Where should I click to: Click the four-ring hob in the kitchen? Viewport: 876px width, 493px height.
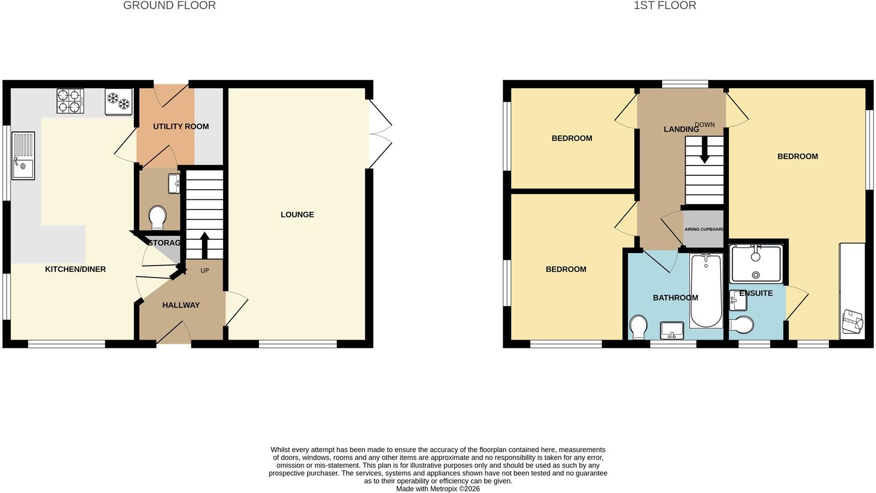[70, 101]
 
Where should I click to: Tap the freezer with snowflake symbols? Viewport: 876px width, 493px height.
[119, 102]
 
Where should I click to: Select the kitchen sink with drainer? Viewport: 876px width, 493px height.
[23, 155]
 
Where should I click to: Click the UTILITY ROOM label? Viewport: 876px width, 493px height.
[180, 126]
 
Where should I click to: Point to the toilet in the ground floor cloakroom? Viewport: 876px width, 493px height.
[157, 218]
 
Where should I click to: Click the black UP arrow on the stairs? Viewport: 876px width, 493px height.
[204, 245]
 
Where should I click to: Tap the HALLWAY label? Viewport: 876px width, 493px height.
[180, 305]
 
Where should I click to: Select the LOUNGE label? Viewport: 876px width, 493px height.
[297, 214]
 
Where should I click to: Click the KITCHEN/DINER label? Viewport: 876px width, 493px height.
[76, 269]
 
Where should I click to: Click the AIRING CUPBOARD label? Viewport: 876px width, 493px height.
[704, 230]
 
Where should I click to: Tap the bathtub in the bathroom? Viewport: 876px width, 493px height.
[706, 291]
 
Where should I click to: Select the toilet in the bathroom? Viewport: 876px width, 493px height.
[639, 327]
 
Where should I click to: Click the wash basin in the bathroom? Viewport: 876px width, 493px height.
[672, 330]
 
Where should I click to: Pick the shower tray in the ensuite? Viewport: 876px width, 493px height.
[756, 264]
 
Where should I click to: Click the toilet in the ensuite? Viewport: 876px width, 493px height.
[741, 324]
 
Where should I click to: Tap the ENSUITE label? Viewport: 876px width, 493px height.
[756, 293]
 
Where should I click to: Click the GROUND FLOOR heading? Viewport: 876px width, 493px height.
[169, 5]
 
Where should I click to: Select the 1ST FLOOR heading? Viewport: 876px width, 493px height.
[665, 5]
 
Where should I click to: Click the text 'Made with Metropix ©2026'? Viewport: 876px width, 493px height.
[438, 489]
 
